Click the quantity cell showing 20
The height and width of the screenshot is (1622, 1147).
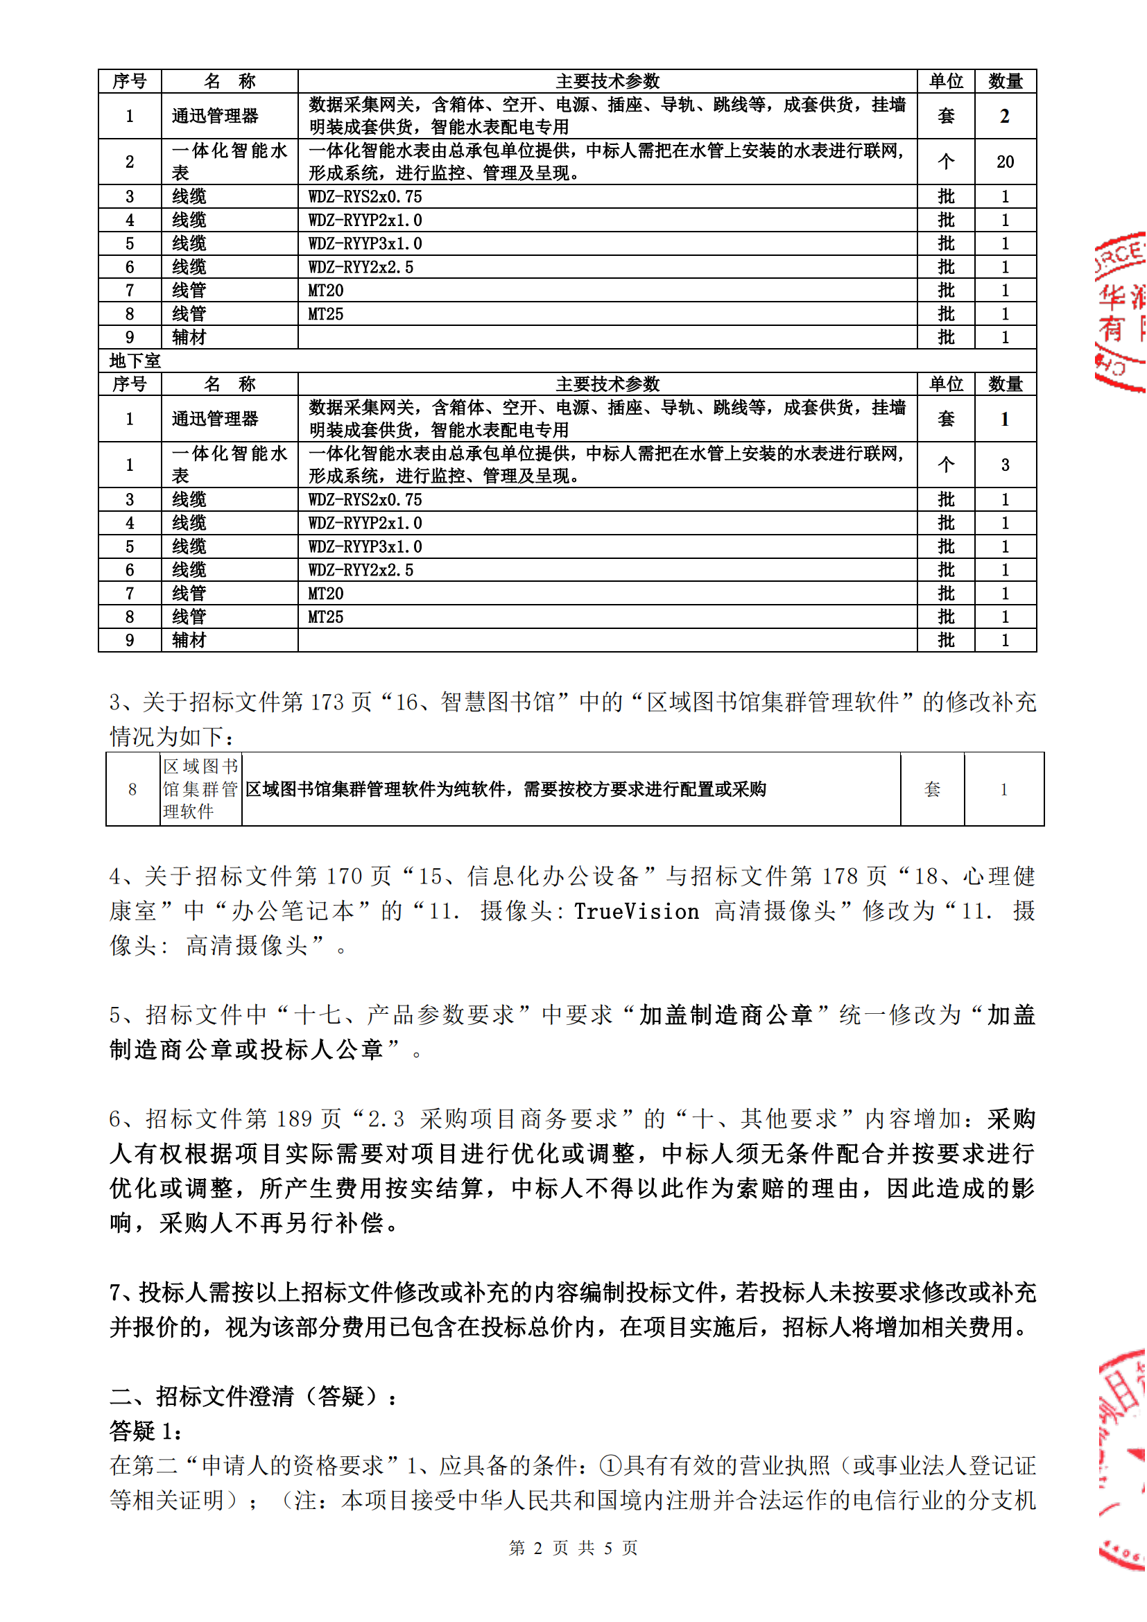1004,162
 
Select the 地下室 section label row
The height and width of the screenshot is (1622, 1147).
135,361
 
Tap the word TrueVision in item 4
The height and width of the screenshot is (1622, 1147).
636,911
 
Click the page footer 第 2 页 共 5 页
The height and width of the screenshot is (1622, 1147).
573,1548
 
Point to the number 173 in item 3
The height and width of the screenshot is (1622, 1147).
327,702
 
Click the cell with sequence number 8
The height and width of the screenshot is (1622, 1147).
132,789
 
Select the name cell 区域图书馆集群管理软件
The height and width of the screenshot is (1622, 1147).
200,789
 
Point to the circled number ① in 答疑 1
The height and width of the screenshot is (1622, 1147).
610,1466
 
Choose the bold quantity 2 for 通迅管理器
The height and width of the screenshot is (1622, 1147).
1004,117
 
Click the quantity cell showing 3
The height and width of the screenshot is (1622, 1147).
1004,465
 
